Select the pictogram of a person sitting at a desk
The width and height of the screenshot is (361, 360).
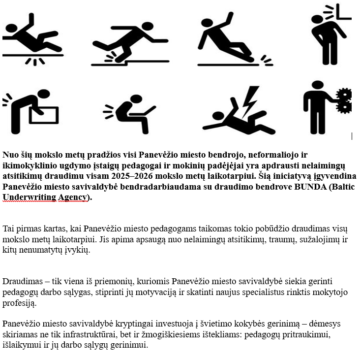coord(130,110)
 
